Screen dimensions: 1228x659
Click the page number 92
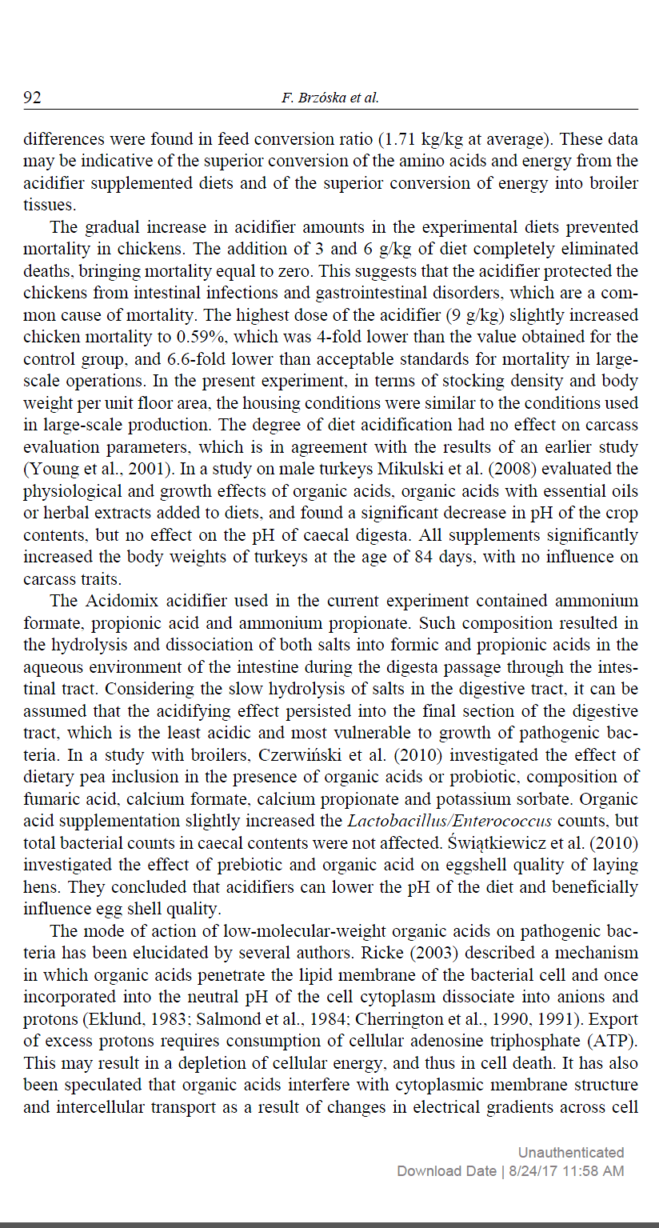[32, 98]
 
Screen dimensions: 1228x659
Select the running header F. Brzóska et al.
[329, 98]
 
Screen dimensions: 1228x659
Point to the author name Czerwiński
[343, 755]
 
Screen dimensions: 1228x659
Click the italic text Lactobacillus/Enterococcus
[439, 821]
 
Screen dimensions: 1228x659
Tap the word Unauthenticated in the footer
[570, 1152]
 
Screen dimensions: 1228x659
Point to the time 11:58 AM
[593, 1170]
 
